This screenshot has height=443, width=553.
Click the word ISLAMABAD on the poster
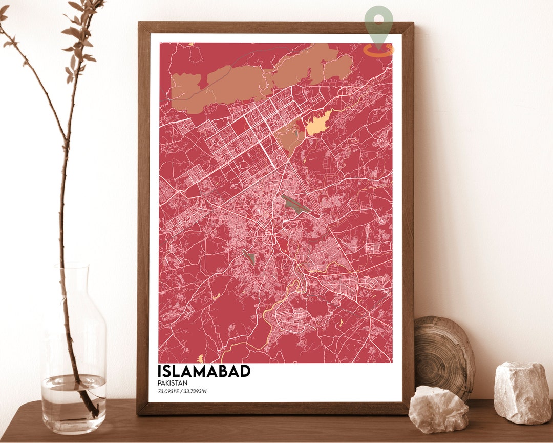(204, 371)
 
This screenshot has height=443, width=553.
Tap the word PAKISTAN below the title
(173, 383)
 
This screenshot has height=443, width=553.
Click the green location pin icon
(379, 23)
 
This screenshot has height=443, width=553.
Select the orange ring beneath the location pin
(379, 50)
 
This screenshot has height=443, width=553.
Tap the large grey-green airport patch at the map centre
(295, 204)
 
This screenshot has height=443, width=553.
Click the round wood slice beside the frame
(443, 356)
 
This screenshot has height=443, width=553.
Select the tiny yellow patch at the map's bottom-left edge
(200, 358)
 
